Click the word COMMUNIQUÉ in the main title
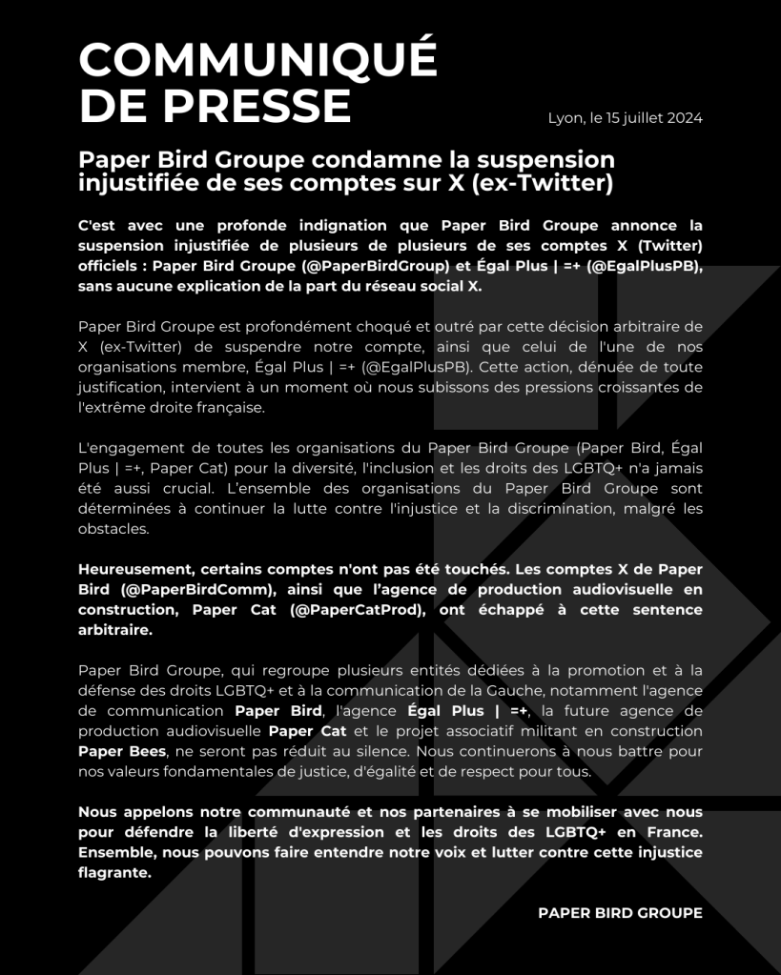point(257,60)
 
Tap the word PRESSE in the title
point(257,105)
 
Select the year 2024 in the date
point(685,118)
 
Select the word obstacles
point(113,528)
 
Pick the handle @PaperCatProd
point(356,609)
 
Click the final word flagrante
point(114,872)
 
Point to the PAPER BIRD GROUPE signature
point(620,913)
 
